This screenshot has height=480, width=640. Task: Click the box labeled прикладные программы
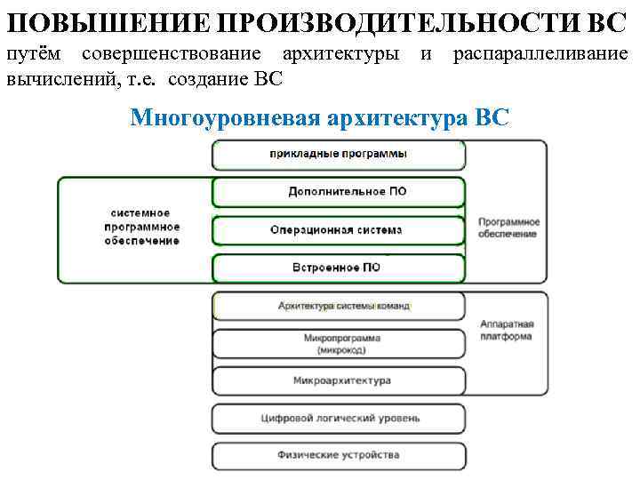(x=339, y=154)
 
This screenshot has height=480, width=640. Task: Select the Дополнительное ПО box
(x=339, y=191)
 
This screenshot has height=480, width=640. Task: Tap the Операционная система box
(x=339, y=229)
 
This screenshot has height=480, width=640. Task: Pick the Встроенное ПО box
(x=339, y=268)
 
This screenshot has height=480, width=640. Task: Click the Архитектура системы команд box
(x=339, y=306)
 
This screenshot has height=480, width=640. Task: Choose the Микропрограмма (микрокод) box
(x=339, y=344)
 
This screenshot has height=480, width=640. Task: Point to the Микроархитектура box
(x=339, y=380)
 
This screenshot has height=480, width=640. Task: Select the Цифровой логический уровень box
(x=339, y=418)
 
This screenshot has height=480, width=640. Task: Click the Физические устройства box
(x=339, y=455)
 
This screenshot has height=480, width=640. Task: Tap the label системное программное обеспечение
(x=141, y=228)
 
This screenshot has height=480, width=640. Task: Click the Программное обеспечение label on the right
(x=508, y=227)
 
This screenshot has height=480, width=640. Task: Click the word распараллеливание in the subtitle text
(x=540, y=55)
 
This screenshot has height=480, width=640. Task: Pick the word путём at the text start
(x=35, y=55)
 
